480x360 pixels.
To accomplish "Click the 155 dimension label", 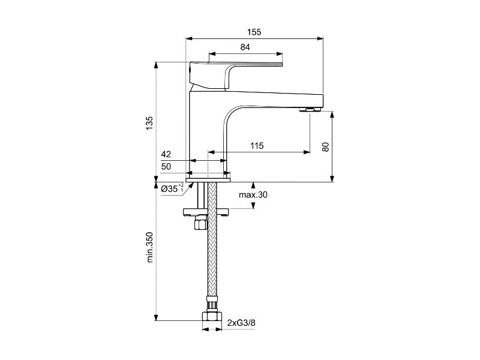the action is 254,32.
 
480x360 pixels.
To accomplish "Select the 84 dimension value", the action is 245,47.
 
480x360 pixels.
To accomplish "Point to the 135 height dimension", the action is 149,123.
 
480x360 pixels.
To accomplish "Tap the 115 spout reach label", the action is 257,146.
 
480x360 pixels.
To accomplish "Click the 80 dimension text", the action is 325,147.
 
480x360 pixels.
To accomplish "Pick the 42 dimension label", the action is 166,154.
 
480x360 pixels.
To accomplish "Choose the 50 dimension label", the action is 166,167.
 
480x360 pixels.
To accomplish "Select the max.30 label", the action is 253,194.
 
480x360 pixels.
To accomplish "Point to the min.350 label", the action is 149,247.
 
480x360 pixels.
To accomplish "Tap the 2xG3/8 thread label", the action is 241,323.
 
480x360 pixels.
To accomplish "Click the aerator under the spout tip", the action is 310,109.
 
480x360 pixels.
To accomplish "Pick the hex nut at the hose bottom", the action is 212,316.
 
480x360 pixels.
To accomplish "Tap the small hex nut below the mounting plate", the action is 201,223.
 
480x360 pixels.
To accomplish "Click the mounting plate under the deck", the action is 206,212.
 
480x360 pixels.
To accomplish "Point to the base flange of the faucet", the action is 208,180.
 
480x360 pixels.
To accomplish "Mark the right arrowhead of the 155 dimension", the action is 320,38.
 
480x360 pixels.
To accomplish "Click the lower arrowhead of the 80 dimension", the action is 333,179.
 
